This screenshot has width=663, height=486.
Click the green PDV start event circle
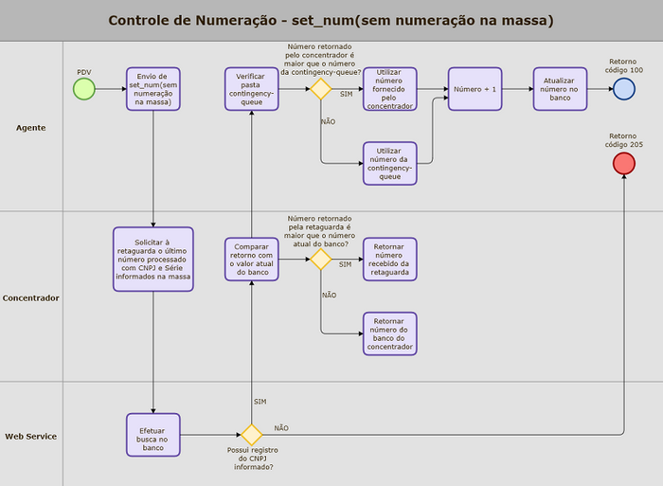click(x=84, y=89)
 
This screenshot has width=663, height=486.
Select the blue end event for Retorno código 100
click(x=623, y=89)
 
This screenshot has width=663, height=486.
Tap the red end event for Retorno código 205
click(x=623, y=164)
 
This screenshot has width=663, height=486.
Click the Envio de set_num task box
click(x=152, y=89)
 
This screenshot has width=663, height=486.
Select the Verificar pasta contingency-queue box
click(x=251, y=89)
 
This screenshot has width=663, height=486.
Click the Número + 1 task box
click(x=475, y=89)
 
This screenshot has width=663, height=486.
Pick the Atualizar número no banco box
click(x=560, y=89)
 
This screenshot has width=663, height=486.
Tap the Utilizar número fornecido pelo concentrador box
click(x=389, y=89)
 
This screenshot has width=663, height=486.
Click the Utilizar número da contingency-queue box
click(x=389, y=163)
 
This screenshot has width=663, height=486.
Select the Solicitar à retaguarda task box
click(x=152, y=259)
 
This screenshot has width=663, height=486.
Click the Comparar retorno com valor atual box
click(x=251, y=259)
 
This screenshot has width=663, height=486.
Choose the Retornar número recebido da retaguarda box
click(x=389, y=259)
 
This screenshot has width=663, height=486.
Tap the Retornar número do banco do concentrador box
click(x=389, y=333)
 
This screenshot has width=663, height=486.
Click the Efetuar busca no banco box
click(x=152, y=434)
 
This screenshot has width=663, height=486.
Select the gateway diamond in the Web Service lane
click(x=251, y=435)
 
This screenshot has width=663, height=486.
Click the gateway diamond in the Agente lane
click(x=320, y=89)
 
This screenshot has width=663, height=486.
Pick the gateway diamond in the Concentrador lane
click(x=320, y=259)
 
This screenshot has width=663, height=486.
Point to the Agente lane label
click(x=31, y=127)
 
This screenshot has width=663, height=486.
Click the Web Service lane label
click(x=31, y=436)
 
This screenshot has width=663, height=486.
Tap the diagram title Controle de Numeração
click(x=331, y=20)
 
